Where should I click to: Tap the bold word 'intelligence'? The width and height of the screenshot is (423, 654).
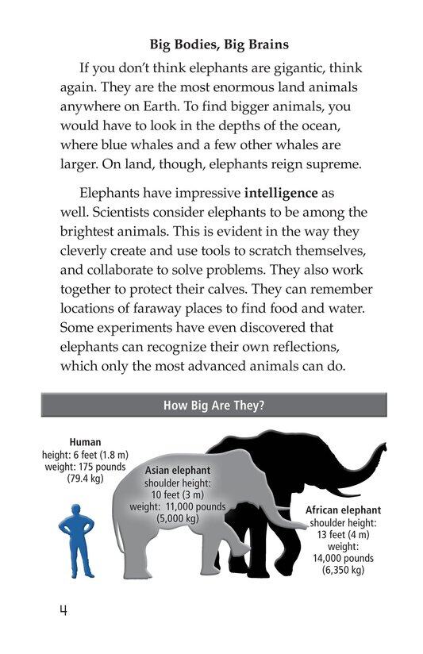[281, 193]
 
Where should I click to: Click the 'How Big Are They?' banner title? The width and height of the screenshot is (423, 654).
[213, 406]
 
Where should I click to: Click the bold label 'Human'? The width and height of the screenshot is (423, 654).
[85, 443]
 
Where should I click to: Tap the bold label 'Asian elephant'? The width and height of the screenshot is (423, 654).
[177, 470]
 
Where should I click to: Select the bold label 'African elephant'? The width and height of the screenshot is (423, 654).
[343, 510]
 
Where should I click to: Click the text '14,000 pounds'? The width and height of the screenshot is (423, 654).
[342, 558]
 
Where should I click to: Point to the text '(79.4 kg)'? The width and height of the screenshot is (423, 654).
[85, 479]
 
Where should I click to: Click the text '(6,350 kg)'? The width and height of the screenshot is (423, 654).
[343, 570]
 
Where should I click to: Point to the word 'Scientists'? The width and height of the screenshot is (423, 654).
[128, 212]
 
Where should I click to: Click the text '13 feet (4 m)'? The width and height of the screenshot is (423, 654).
[343, 534]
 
